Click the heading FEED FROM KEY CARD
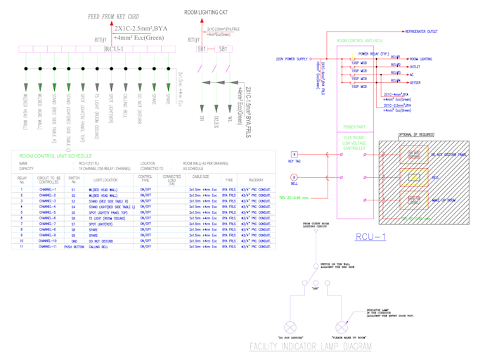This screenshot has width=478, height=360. pos(113,16)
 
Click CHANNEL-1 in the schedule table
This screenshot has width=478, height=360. pos(48,190)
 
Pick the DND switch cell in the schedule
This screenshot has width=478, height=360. pos(74,240)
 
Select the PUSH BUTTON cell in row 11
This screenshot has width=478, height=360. pos(74,247)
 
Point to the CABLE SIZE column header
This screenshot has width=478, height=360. pos(200,177)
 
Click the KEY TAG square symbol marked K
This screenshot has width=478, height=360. pos(295,154)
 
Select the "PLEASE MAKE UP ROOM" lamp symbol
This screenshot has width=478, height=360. pos(342,326)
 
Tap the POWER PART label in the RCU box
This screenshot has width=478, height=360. pos(354,127)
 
